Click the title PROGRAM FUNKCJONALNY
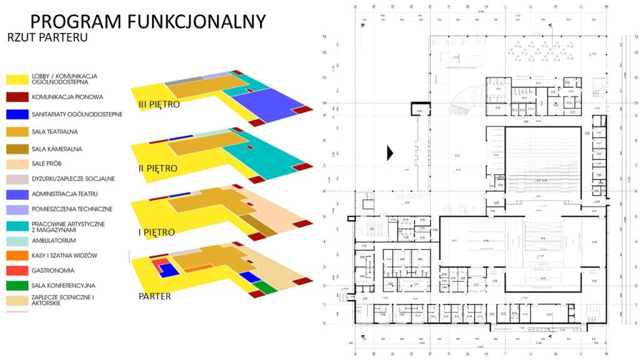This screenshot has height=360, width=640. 147,21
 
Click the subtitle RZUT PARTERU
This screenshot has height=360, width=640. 47,37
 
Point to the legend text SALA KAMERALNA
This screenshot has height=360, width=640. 57,149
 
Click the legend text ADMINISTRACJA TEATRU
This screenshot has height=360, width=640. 64,194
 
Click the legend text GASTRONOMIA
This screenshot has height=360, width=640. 52,271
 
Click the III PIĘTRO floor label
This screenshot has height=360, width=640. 159,104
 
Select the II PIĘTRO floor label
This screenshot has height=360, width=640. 158,169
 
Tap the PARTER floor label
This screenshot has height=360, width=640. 154,296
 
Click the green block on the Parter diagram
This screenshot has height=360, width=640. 264,287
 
